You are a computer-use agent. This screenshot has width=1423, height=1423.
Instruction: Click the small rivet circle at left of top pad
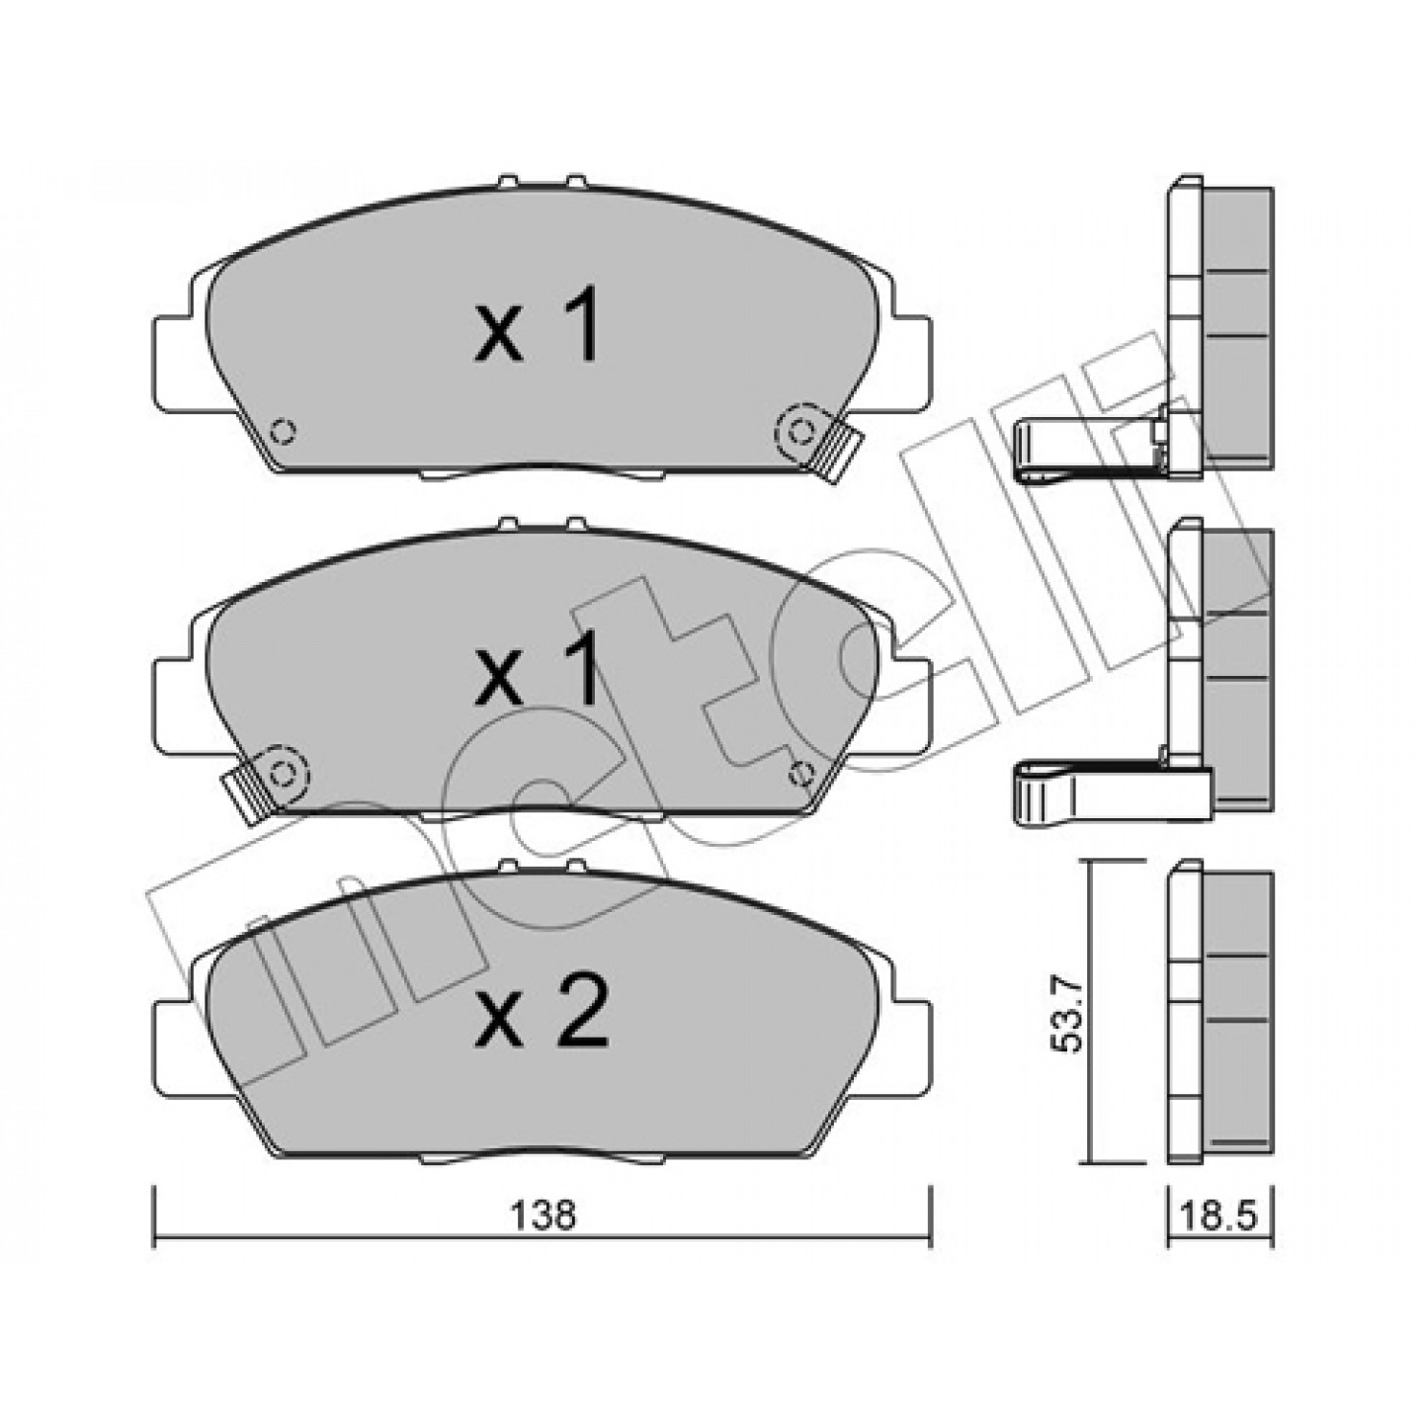tap(283, 431)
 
